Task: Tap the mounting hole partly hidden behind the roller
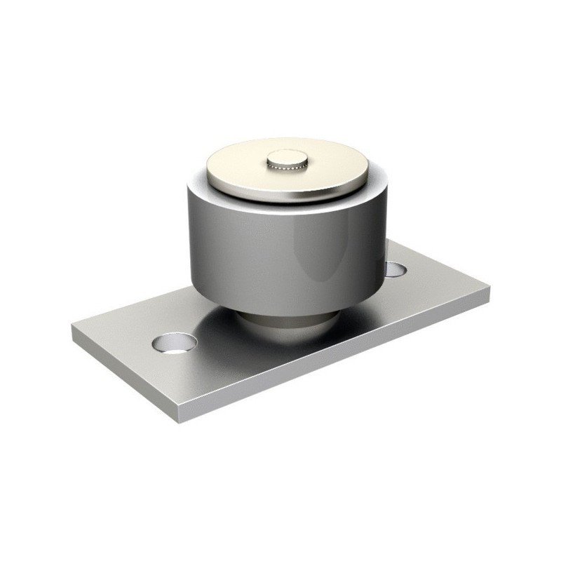[396, 268]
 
